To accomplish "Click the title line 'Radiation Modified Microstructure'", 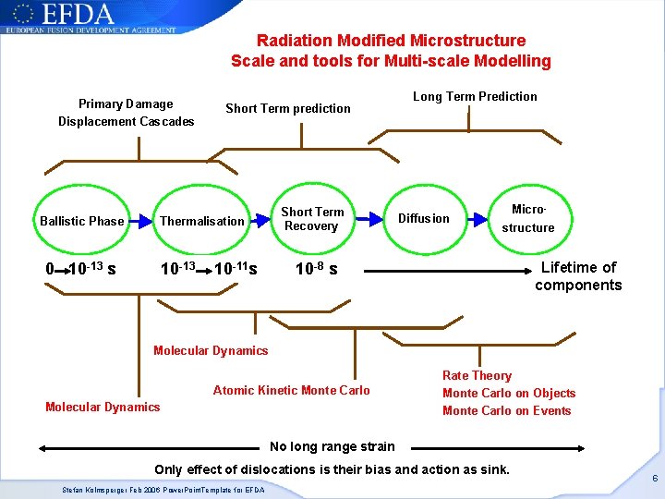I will (391, 41).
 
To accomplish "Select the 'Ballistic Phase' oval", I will (81, 221).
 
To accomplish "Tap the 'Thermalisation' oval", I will (202, 221).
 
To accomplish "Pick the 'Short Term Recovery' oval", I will (312, 219).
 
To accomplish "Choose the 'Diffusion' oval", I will (423, 219).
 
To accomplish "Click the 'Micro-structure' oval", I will (528, 219).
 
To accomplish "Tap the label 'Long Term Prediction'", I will (475, 96).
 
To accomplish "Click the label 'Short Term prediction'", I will (288, 108).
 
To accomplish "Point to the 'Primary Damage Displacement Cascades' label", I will (126, 113).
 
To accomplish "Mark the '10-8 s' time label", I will (316, 270).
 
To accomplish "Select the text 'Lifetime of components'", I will (578, 276).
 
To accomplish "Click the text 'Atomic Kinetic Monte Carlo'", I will (291, 390).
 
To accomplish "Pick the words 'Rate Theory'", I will (477, 375).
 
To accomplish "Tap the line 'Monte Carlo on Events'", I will (506, 410).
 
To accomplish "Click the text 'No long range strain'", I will (332, 447).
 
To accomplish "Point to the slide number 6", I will (654, 479).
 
